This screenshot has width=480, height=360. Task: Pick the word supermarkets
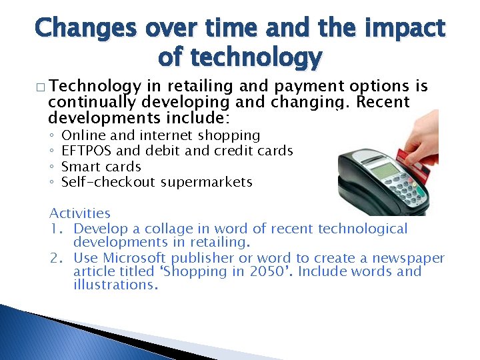tap(207, 182)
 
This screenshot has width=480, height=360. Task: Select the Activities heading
tap(80, 213)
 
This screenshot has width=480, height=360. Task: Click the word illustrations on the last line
tap(115, 285)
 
